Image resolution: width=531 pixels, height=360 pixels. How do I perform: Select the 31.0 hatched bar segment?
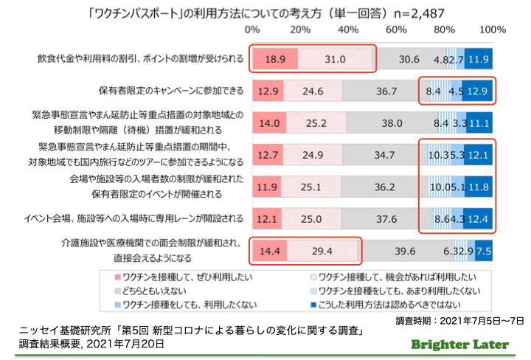335,59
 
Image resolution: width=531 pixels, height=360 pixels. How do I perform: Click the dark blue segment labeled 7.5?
485,252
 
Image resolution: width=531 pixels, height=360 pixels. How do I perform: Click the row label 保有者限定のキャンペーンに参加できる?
170,91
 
